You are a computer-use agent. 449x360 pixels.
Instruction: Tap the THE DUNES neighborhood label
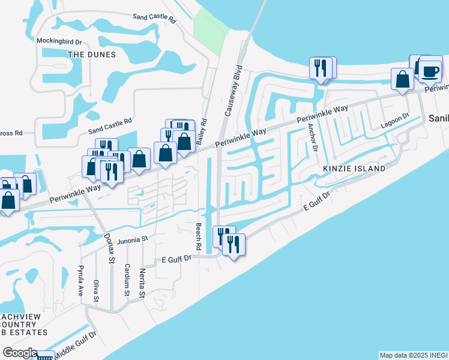(92, 54)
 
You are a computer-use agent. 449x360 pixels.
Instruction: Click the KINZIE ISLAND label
(354, 169)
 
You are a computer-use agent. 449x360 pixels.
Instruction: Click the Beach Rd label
(197, 238)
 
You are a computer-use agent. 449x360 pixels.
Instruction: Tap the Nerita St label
(142, 283)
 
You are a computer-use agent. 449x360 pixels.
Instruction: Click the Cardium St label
(127, 279)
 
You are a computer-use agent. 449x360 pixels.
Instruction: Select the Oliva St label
(95, 290)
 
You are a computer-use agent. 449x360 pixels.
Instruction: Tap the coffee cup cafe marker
(430, 71)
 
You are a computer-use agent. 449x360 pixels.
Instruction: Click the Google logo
(19, 353)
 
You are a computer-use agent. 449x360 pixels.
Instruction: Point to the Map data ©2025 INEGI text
(413, 355)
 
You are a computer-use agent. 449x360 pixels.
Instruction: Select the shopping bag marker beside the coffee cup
(402, 79)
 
